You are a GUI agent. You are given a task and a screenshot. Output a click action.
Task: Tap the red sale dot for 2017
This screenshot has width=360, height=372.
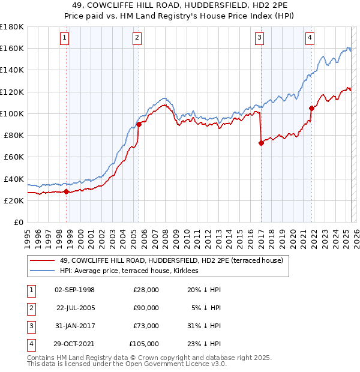pyautogui.click(x=261, y=143)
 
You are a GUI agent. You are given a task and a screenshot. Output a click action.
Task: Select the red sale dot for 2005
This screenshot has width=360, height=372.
pyautogui.click(x=139, y=124)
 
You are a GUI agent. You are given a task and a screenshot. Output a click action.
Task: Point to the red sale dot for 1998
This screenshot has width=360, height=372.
pyautogui.click(x=67, y=192)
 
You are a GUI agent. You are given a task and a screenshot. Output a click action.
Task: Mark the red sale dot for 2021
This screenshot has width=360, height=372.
pyautogui.click(x=311, y=108)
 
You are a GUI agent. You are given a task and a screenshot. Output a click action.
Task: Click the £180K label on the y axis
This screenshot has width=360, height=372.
pyautogui.click(x=12, y=27)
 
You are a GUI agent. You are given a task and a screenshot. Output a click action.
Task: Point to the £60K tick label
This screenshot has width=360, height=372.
pyautogui.click(x=13, y=157)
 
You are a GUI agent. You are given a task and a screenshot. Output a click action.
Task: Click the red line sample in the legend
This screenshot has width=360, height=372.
pyautogui.click(x=42, y=260)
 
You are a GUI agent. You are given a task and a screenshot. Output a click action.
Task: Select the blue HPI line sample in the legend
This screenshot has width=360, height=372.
pyautogui.click(x=42, y=271)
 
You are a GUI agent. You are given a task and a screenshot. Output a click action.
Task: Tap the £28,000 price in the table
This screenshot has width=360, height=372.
pyautogui.click(x=146, y=290)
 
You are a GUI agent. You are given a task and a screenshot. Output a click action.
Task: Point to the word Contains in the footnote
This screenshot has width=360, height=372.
pyautogui.click(x=41, y=358)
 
